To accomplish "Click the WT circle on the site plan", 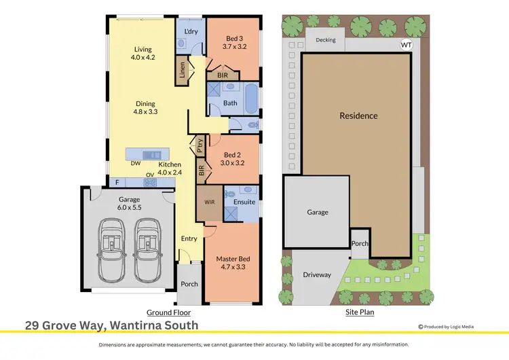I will (x=407, y=46).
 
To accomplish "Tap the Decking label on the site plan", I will (x=326, y=40).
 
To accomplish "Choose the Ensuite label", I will (x=244, y=202).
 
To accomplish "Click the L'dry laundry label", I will (x=191, y=32).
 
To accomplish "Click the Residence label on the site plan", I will (x=358, y=115).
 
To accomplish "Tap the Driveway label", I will (x=317, y=275).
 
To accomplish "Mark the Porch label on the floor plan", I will (x=189, y=284).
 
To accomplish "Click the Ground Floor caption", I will (x=168, y=312).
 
